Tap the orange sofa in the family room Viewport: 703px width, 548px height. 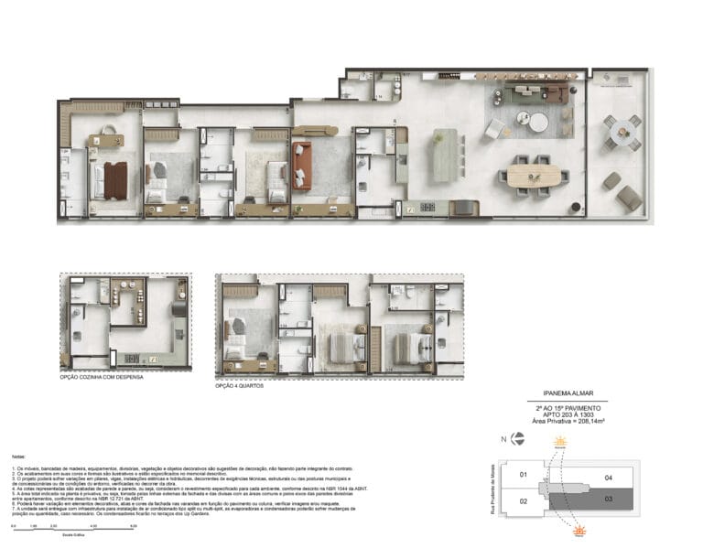point(303,155)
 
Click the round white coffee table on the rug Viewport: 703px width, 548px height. point(537,122)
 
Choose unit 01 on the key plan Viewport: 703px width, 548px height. point(523,474)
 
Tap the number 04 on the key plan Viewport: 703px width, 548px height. point(608,477)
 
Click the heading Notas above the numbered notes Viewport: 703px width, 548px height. point(19,455)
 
